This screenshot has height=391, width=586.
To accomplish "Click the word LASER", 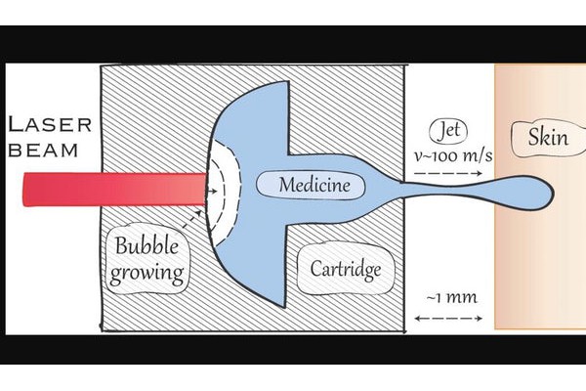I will click(50, 125).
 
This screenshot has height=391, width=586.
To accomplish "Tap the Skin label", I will click(547, 136).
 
